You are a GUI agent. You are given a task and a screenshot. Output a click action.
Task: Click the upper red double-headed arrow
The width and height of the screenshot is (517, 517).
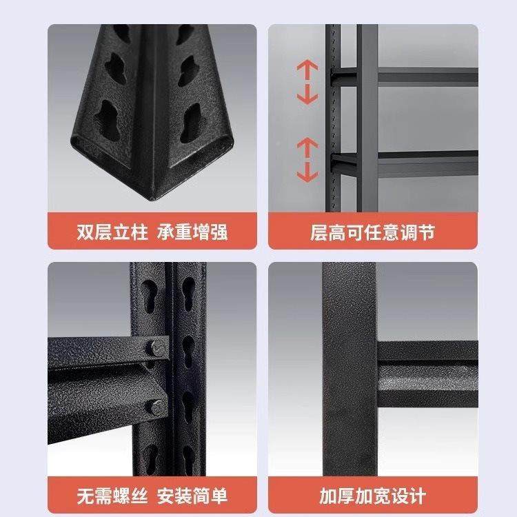[307, 81]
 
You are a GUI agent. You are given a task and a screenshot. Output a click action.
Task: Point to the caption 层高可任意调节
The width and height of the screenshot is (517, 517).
[372, 232]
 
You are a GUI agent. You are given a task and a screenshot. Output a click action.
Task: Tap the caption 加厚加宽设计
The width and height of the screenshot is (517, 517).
[372, 496]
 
